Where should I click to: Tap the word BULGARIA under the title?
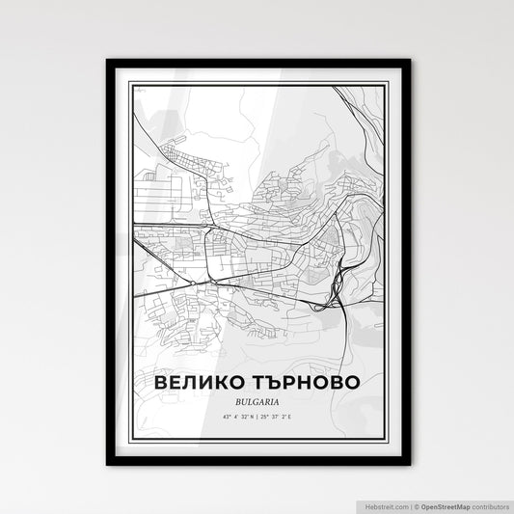click(257, 400)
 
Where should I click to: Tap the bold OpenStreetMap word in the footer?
click(448, 504)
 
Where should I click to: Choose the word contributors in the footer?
click(491, 504)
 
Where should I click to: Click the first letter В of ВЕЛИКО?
click(161, 383)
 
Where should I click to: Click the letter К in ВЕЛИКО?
click(228, 383)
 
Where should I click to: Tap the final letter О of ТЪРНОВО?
click(357, 383)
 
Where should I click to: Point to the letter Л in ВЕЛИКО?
click(193, 383)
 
